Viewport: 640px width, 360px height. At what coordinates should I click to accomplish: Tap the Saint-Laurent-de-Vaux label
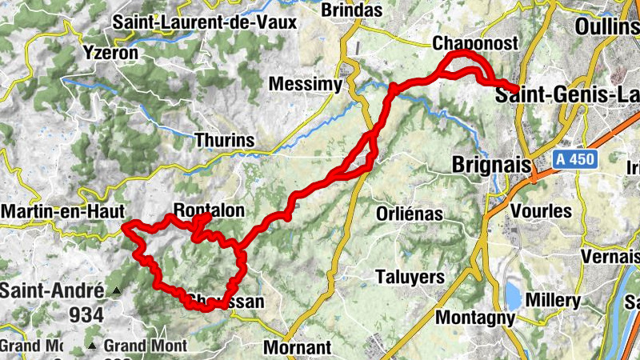tap(205, 22)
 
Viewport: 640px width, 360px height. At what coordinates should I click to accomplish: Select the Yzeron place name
tap(111, 53)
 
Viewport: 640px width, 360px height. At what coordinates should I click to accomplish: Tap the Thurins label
tap(225, 142)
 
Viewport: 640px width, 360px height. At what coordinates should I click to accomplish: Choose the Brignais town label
tap(492, 165)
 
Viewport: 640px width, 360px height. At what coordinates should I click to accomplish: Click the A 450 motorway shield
tap(574, 159)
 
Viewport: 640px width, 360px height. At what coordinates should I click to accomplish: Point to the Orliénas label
tap(406, 214)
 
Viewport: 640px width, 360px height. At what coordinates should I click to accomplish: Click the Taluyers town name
tap(410, 276)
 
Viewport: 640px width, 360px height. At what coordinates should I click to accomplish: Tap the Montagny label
tap(475, 318)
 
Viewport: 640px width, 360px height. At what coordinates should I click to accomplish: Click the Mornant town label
tap(297, 348)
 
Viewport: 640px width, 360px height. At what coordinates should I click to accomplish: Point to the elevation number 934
tap(86, 314)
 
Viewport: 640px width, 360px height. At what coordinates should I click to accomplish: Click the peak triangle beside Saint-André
tap(117, 291)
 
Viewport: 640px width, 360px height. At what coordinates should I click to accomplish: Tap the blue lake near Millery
tap(512, 294)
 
